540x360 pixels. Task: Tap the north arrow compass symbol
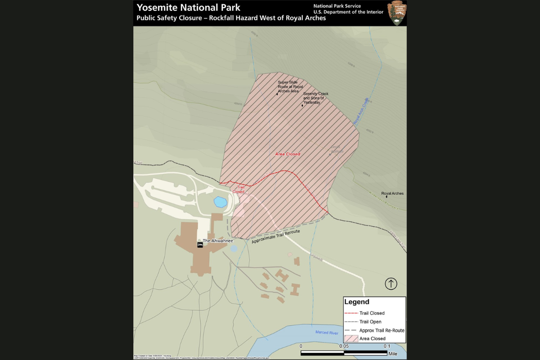[391, 284]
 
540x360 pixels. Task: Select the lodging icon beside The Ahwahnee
[200, 244]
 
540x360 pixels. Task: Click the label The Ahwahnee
[218, 241]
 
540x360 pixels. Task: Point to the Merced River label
[327, 333]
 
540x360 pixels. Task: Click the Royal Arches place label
[392, 193]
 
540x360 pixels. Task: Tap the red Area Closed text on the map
[288, 154]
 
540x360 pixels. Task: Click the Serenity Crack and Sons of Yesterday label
[315, 98]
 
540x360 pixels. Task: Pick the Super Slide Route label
[290, 86]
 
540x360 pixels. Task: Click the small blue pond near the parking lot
[220, 202]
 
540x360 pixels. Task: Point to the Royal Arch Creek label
[361, 111]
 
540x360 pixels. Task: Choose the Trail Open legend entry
[370, 322]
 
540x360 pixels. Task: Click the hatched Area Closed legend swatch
[351, 338]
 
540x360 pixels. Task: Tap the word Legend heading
[356, 302]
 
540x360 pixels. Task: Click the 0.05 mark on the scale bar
[343, 346]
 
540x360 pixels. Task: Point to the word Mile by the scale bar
[393, 354]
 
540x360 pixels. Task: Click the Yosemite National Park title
[188, 8]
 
